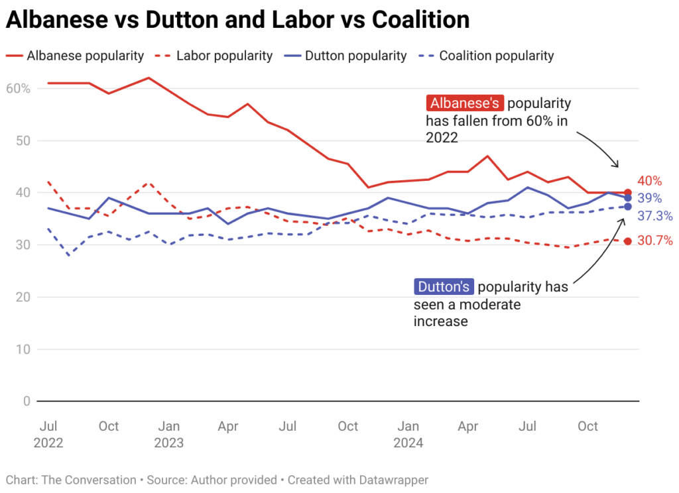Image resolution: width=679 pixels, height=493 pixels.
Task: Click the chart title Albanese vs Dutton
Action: [237, 20]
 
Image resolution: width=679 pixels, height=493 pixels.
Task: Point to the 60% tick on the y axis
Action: [18, 88]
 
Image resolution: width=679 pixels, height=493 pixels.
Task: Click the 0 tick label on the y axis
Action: [27, 401]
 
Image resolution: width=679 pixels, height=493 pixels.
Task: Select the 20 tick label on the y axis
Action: [23, 297]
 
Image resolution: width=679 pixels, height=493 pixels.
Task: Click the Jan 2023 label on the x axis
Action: [170, 433]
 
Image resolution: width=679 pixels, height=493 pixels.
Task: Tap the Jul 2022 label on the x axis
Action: [48, 433]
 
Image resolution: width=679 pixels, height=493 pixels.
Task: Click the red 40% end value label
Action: [649, 181]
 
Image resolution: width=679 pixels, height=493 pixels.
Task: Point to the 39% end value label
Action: [649, 198]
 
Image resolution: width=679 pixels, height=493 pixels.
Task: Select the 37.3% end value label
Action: [654, 215]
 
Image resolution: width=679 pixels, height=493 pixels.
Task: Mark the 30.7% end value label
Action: [654, 241]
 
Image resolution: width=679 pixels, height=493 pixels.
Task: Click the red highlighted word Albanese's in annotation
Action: [465, 103]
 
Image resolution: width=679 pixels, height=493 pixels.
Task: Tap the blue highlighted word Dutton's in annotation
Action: [444, 287]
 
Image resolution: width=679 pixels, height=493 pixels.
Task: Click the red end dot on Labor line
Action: [627, 241]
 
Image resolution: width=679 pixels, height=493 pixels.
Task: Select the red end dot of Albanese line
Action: [627, 192]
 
